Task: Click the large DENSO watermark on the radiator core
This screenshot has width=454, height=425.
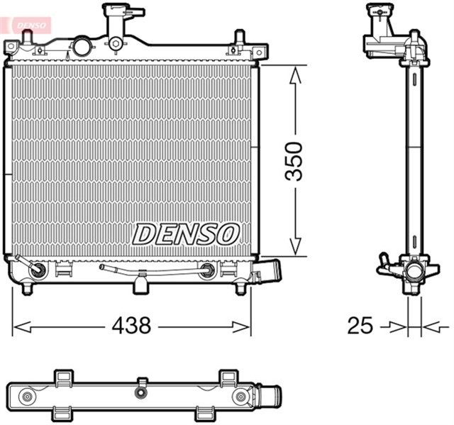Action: (186, 233)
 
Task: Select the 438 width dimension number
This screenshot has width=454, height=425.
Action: (131, 326)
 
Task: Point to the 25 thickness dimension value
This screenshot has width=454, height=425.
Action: (360, 326)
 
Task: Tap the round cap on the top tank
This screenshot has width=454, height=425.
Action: (81, 46)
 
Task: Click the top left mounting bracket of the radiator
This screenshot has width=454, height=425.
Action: (13, 49)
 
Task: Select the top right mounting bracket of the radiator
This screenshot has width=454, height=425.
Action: (259, 51)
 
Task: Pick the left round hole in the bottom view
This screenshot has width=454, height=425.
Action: (27, 397)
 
